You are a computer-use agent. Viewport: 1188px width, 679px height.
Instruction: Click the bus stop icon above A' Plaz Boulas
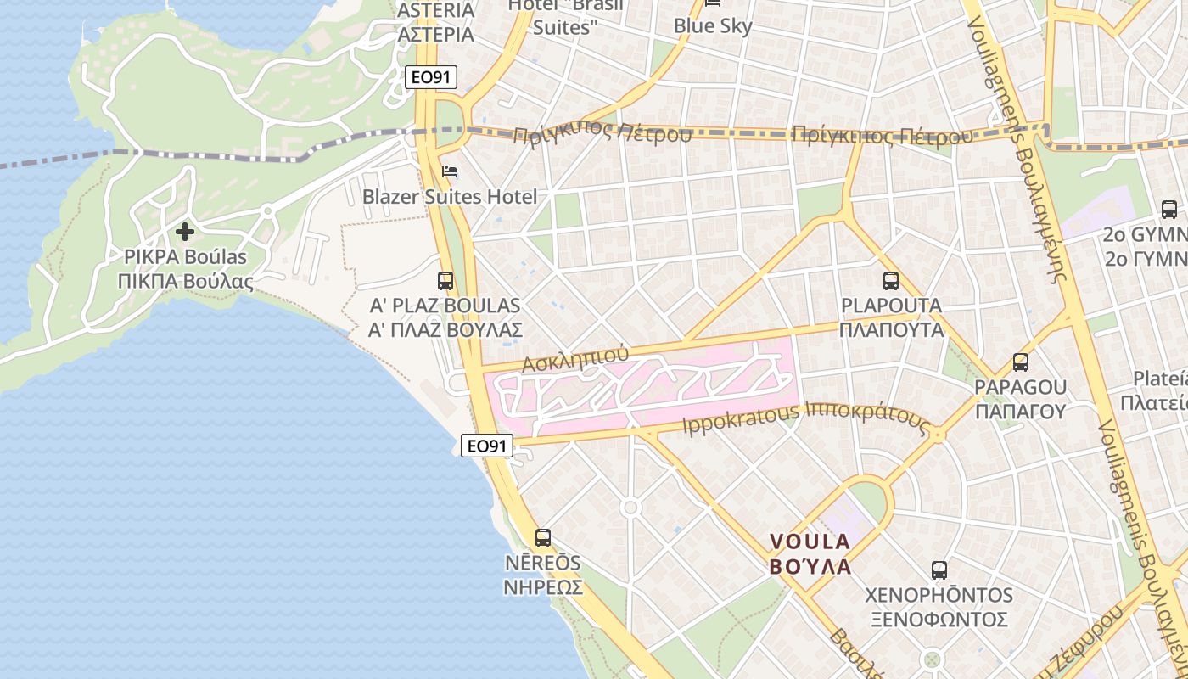(x=445, y=281)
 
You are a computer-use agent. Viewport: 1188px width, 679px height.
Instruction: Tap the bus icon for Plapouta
(x=890, y=281)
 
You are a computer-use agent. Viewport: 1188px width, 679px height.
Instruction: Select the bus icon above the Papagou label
(x=1020, y=362)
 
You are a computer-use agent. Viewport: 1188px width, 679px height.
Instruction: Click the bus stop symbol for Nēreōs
(x=543, y=537)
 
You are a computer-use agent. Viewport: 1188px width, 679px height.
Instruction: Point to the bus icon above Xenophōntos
(x=939, y=570)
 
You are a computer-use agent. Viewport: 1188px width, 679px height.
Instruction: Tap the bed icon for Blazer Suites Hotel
(x=450, y=172)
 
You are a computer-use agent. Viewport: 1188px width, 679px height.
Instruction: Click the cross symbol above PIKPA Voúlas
(x=184, y=232)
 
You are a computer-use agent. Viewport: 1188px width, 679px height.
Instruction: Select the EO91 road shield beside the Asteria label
(x=431, y=77)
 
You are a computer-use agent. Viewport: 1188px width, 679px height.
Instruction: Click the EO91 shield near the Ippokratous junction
(x=487, y=445)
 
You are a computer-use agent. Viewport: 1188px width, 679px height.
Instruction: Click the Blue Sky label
(x=713, y=26)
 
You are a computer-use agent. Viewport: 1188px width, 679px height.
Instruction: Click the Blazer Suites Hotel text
(x=450, y=197)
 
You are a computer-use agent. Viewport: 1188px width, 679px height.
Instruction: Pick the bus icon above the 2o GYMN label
(x=1168, y=209)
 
